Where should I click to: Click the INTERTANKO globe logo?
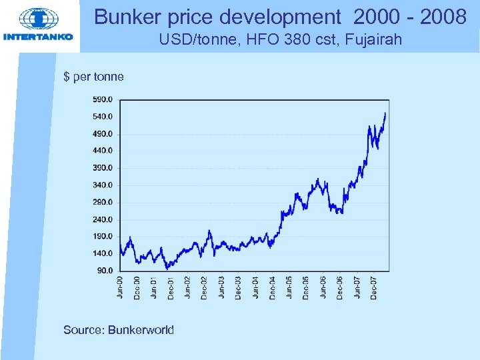click(39, 20)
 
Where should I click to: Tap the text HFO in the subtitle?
click(246, 41)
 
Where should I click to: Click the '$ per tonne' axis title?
click(93, 77)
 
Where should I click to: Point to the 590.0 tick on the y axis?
click(103, 99)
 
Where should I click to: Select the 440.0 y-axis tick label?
click(103, 151)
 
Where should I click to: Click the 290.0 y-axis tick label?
click(103, 202)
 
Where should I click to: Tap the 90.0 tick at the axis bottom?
click(105, 271)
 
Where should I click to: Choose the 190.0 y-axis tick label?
click(103, 236)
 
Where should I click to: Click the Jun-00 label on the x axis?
click(121, 287)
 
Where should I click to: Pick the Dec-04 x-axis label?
click(273, 287)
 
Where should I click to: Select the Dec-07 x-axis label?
click(374, 287)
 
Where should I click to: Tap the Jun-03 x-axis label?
click(222, 287)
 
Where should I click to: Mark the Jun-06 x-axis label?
click(323, 287)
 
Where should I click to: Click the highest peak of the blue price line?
click(385, 113)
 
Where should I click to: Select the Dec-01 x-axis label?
click(171, 287)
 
